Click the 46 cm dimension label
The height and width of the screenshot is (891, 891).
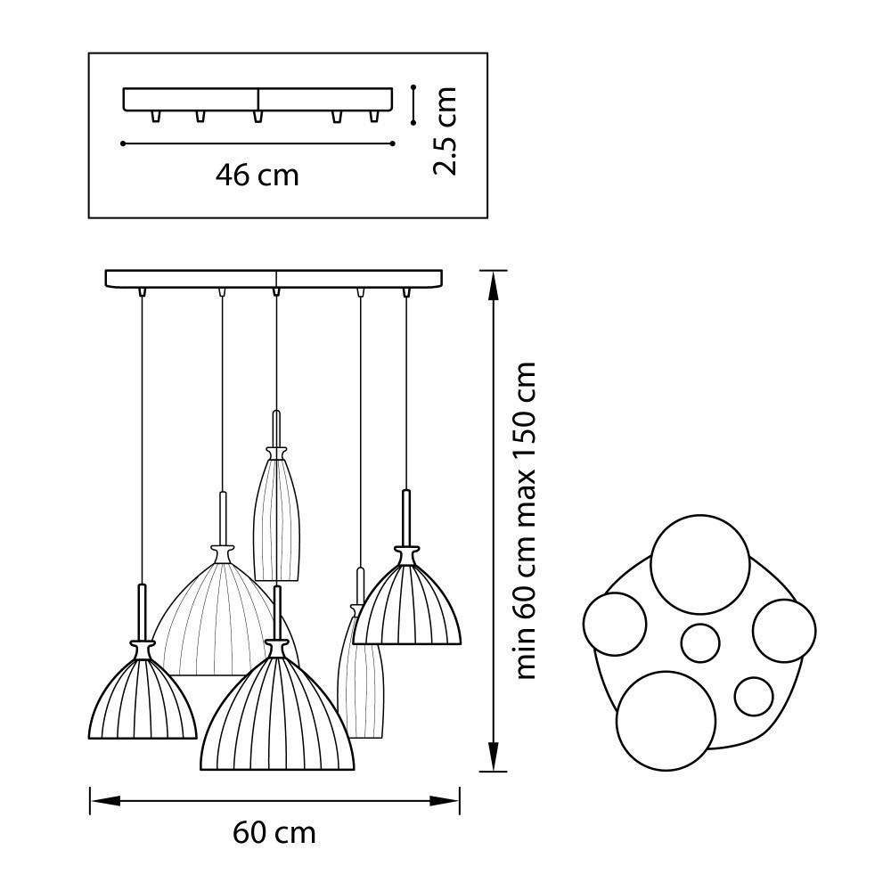pyautogui.click(x=257, y=175)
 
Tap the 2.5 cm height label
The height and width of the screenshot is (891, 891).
pyautogui.click(x=445, y=131)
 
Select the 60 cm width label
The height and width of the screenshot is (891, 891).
pyautogui.click(x=274, y=833)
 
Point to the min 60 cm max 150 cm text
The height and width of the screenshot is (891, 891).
pyautogui.click(x=525, y=520)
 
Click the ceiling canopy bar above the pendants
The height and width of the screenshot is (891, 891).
pyautogui.click(x=274, y=278)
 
